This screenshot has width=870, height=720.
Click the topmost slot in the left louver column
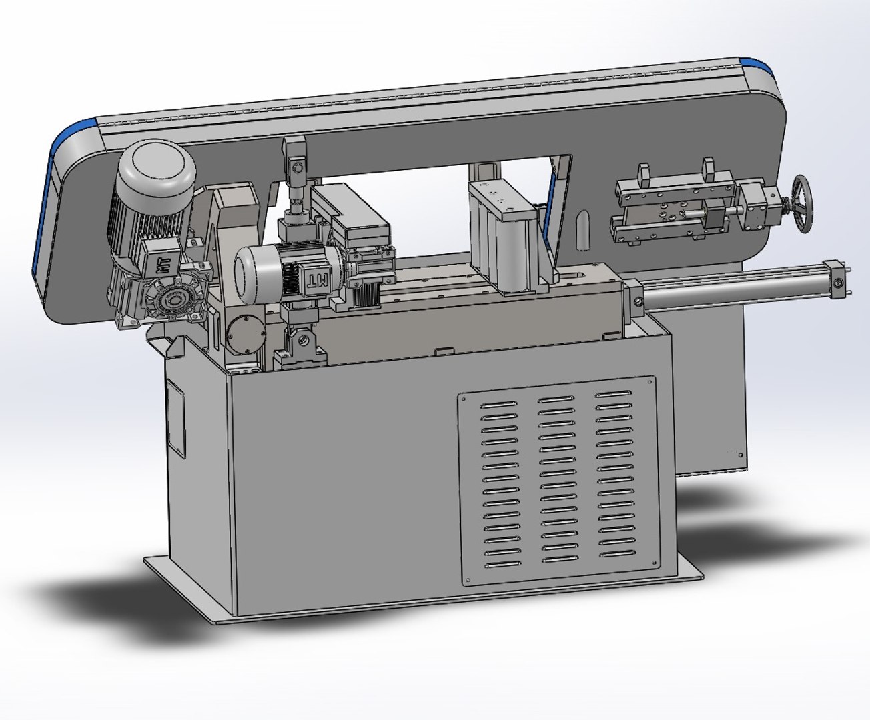(x=498, y=405)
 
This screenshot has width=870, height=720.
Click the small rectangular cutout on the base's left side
(x=175, y=419)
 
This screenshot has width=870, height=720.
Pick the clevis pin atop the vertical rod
(x=296, y=166)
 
